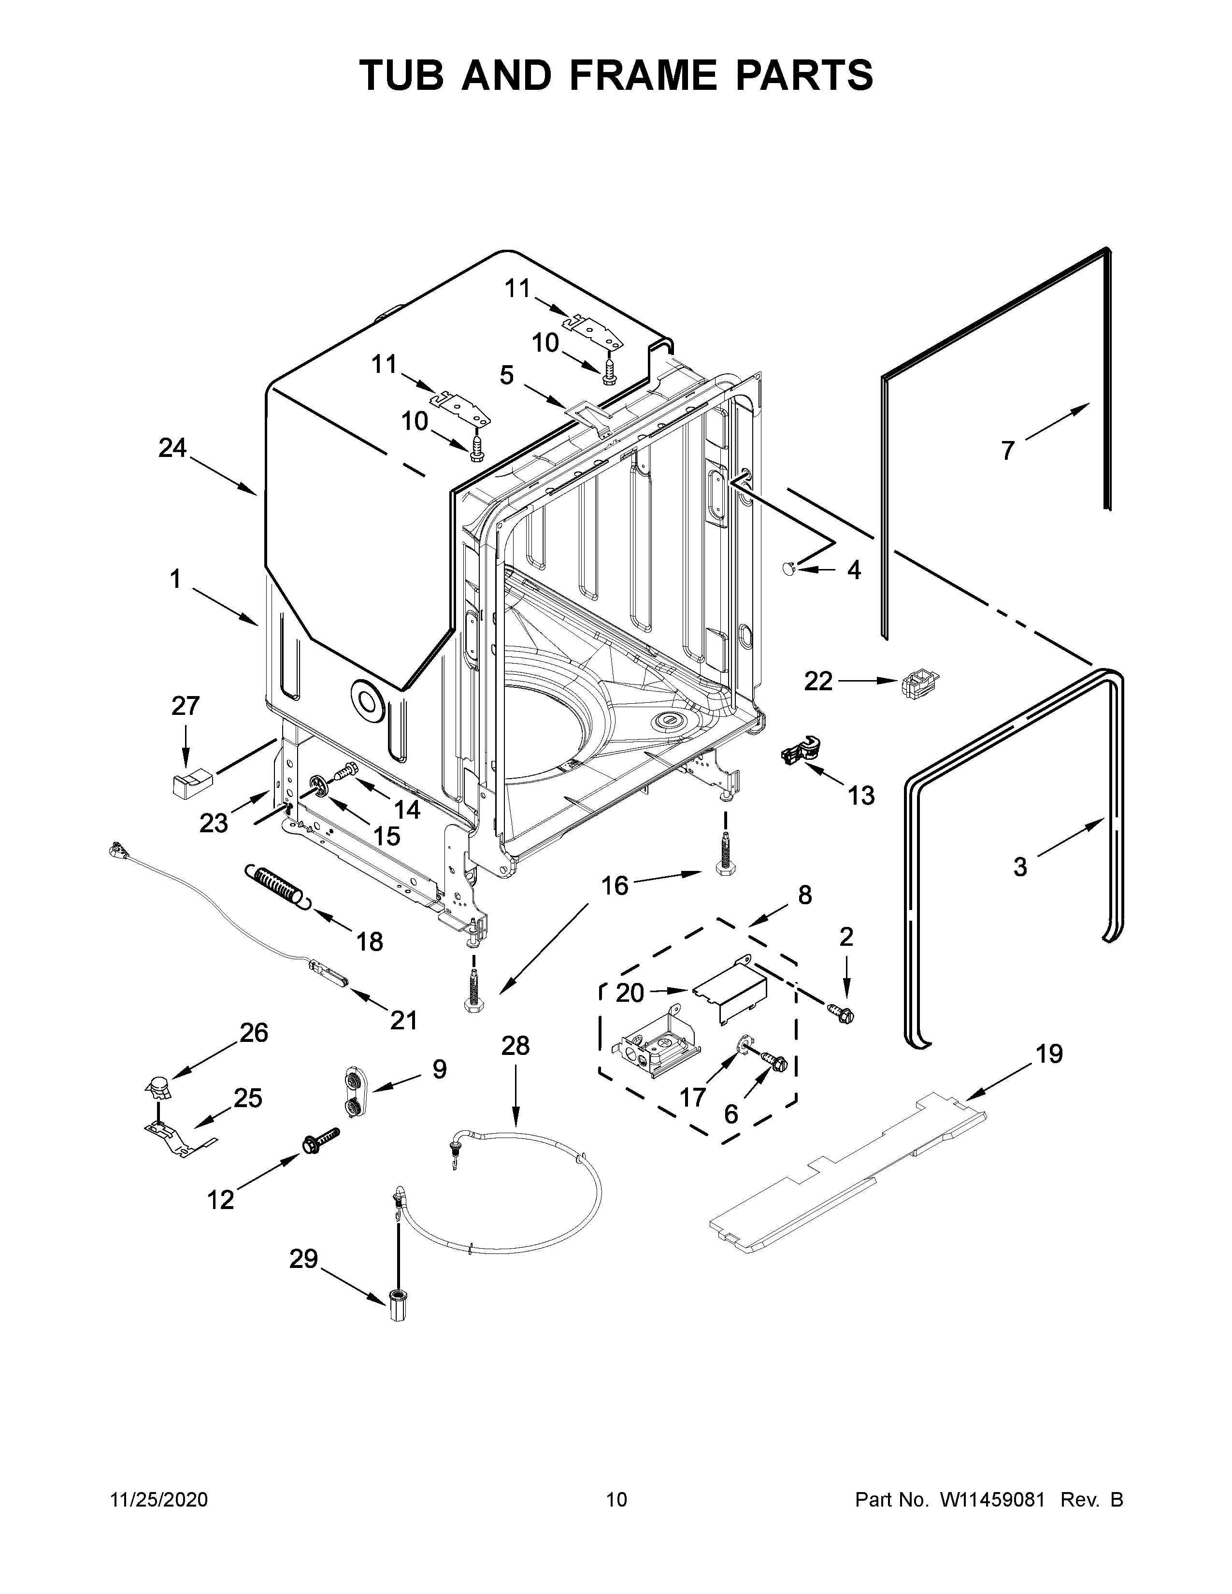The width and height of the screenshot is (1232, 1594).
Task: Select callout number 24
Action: tap(173, 447)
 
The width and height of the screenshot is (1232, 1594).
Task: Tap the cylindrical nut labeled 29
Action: tap(397, 1305)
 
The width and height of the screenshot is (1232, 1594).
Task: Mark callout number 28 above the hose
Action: tap(516, 1046)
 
